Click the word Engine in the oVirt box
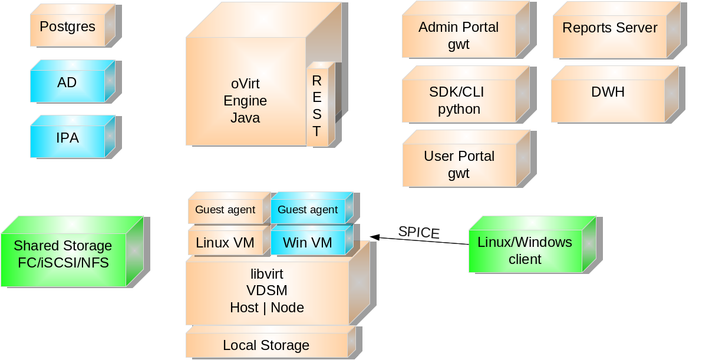coord(245,101)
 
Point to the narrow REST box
coord(317,106)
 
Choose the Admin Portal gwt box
coord(459,36)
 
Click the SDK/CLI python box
coord(459,101)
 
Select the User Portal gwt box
coord(459,165)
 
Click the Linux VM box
coord(225,242)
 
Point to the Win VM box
coord(308,242)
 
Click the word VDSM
coord(267,290)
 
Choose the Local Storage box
coord(266,345)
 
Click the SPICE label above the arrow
coord(418,232)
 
